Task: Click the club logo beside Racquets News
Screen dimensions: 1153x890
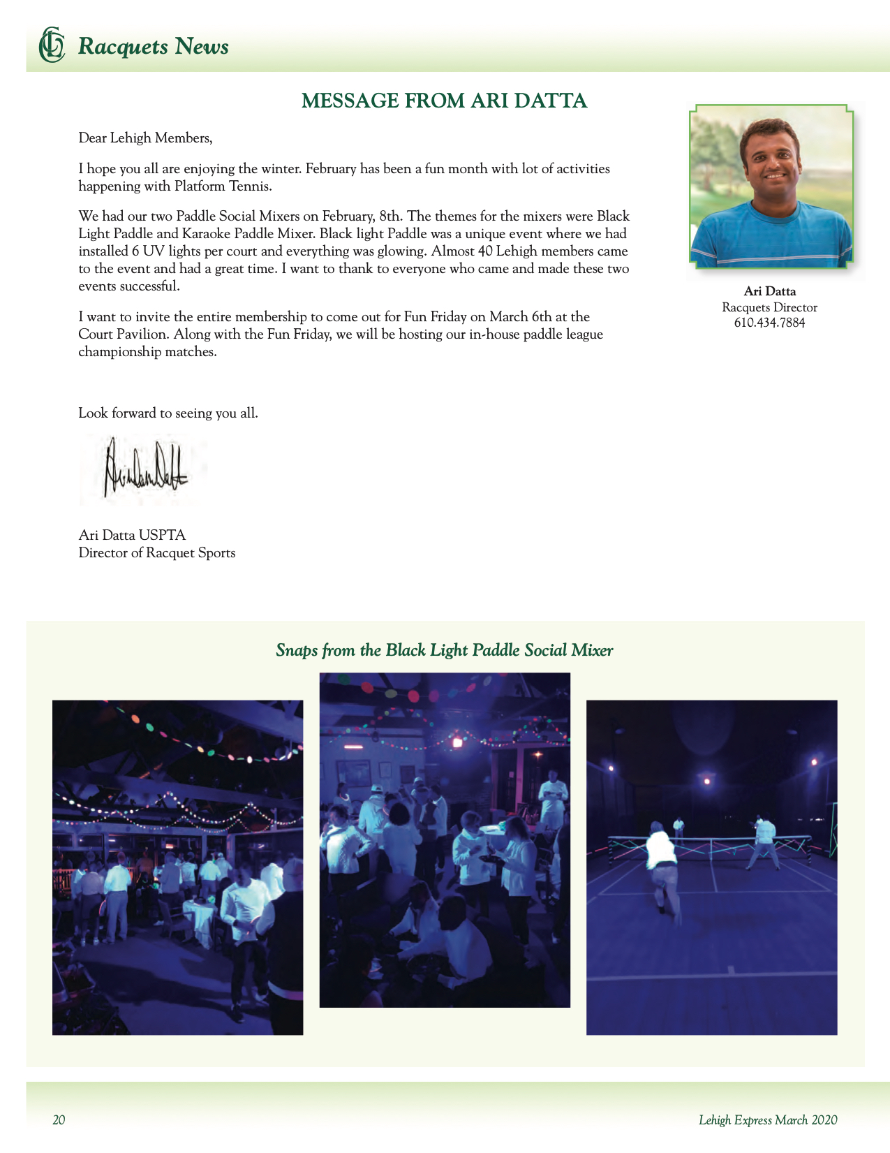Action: (51, 45)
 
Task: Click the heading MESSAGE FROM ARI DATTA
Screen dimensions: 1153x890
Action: (444, 101)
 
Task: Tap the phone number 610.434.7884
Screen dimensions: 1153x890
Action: (769, 323)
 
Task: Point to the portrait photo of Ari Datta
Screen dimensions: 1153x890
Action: (771, 186)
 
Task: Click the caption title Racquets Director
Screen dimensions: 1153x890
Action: (769, 307)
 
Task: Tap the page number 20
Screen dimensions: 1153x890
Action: (59, 1120)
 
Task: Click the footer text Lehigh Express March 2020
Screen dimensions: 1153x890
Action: (768, 1120)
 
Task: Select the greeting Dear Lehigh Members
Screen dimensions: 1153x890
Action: (145, 138)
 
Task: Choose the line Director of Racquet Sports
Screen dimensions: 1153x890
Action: (157, 553)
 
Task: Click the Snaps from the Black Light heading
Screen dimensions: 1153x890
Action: (444, 651)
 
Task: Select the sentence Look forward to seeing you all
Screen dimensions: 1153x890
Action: (168, 413)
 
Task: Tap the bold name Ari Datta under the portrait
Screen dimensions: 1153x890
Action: (769, 291)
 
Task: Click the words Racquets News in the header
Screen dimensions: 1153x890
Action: (154, 47)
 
